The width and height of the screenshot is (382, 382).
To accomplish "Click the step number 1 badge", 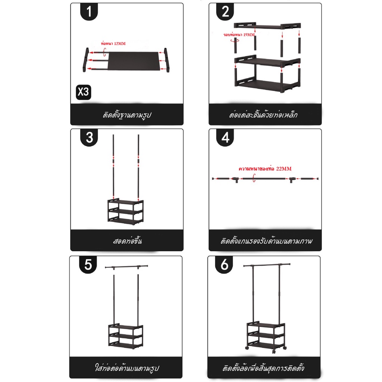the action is [x=89, y=12].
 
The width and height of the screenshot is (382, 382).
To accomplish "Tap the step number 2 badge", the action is [x=225, y=12].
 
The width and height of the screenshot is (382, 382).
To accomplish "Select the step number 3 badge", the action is [x=89, y=137].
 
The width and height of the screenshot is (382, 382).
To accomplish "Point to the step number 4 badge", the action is [x=225, y=137].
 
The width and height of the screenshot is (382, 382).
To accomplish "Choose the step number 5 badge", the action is [x=88, y=264].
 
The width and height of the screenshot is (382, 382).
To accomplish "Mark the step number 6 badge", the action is [x=224, y=264].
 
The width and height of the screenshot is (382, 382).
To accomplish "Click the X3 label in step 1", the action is [x=83, y=92].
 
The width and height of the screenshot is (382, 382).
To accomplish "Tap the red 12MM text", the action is [x=120, y=44].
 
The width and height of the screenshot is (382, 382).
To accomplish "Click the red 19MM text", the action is [x=249, y=35].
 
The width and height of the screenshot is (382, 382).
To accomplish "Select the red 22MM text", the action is [x=284, y=169].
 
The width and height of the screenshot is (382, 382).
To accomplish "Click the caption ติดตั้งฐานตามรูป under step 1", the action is [x=127, y=115].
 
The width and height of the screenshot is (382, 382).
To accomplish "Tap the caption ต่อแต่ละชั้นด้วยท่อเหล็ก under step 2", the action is [x=263, y=115].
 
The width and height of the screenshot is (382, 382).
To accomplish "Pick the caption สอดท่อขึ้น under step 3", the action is [x=127, y=241].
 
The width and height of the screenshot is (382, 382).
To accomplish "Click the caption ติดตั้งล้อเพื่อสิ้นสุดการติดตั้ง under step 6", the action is [x=263, y=367].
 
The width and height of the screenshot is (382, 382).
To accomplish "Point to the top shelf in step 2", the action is [x=267, y=26].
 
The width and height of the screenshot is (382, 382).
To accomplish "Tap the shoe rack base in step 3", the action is [x=125, y=211].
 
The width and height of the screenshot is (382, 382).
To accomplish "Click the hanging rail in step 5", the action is [x=126, y=267].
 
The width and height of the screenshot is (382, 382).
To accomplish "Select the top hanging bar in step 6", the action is [x=267, y=264].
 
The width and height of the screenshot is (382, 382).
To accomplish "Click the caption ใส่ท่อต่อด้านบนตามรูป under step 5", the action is [x=127, y=367].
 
